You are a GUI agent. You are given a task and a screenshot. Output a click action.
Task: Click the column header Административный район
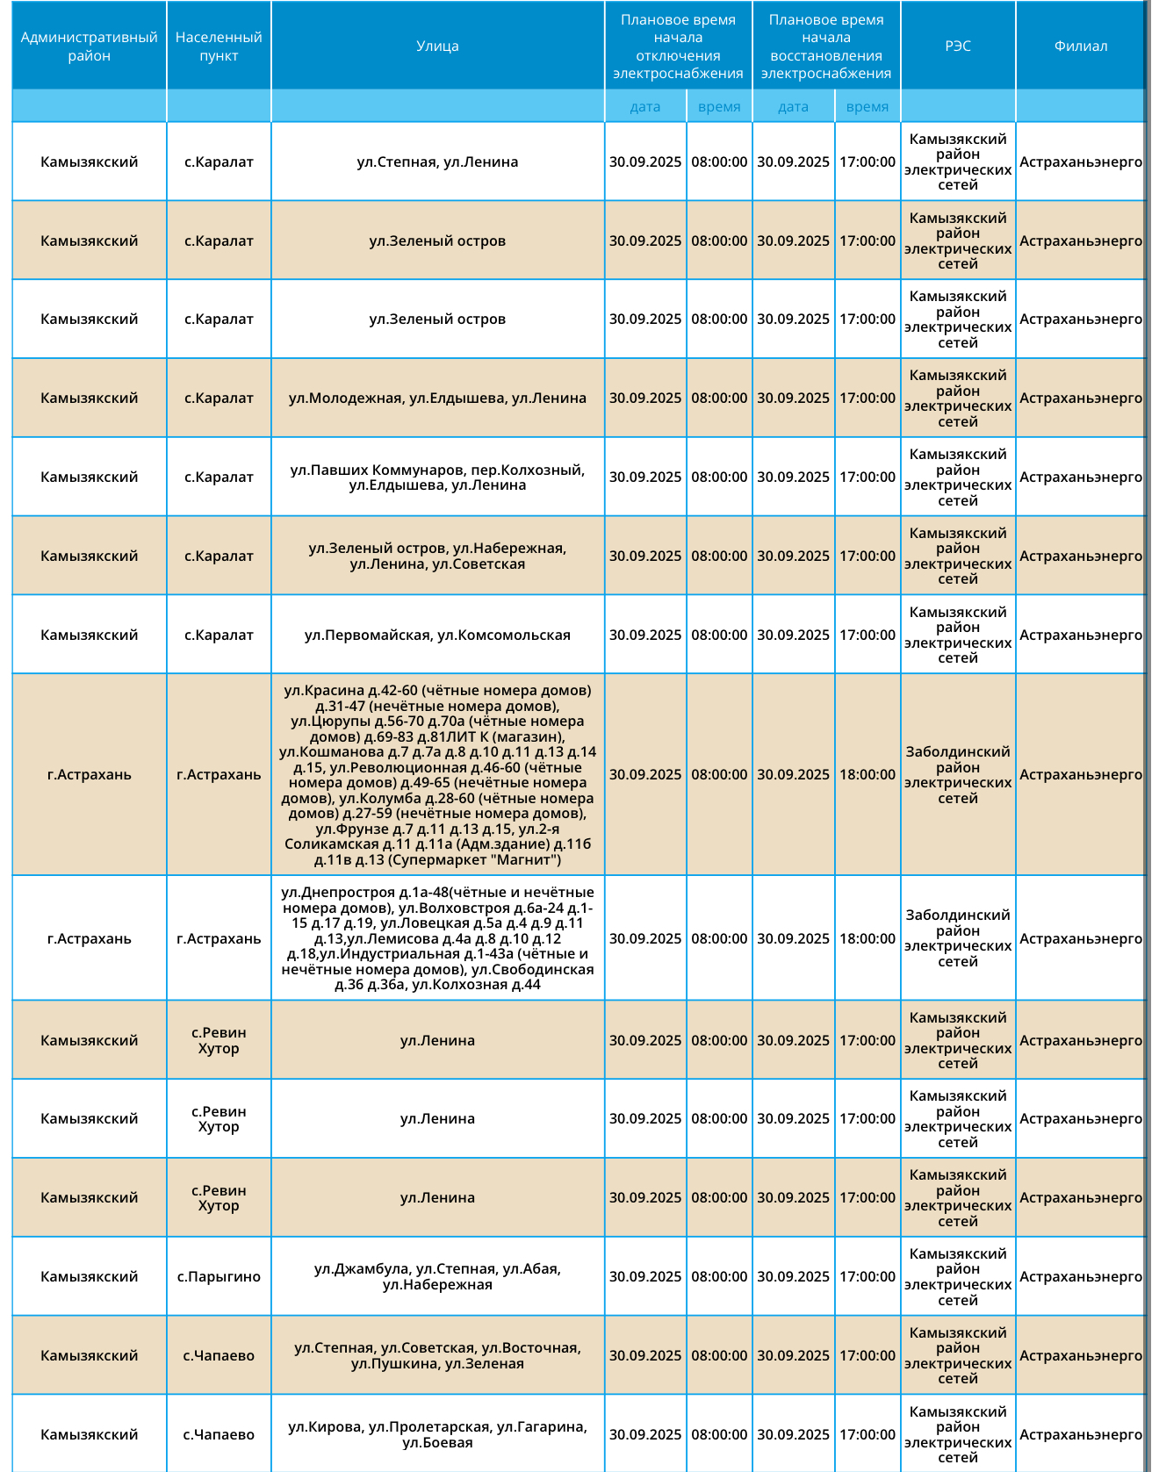(89, 47)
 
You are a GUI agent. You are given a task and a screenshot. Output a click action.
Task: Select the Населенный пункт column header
(219, 47)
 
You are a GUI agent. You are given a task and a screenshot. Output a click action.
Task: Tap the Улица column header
(437, 47)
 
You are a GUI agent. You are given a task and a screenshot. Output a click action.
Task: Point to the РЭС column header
(958, 47)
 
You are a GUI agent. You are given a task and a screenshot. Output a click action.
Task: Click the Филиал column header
(1081, 47)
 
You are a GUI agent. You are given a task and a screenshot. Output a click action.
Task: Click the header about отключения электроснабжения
(678, 47)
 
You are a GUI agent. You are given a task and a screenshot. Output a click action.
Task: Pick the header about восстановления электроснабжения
(826, 47)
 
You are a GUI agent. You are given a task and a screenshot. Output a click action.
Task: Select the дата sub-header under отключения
(645, 107)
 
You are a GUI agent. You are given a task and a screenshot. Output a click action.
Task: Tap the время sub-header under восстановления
(867, 107)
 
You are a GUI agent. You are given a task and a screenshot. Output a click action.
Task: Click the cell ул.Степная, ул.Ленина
(437, 162)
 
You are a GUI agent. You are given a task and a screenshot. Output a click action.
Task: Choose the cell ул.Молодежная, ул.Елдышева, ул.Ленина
(437, 399)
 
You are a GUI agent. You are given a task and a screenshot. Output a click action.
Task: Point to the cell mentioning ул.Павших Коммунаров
(437, 478)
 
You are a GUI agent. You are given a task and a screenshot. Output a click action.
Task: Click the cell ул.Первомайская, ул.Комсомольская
(437, 635)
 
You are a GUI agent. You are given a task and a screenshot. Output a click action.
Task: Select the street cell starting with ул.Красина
(437, 775)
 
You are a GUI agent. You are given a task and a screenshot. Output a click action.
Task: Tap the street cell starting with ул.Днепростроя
(437, 938)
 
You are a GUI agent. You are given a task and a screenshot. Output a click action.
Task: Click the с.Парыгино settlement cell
(219, 1277)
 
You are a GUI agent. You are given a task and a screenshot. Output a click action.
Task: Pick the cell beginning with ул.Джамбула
(437, 1277)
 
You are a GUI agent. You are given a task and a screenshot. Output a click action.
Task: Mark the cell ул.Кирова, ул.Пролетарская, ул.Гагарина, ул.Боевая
(437, 1434)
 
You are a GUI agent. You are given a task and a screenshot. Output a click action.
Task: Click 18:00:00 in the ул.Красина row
(867, 775)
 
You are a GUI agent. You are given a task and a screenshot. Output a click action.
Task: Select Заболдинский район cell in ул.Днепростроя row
(958, 938)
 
